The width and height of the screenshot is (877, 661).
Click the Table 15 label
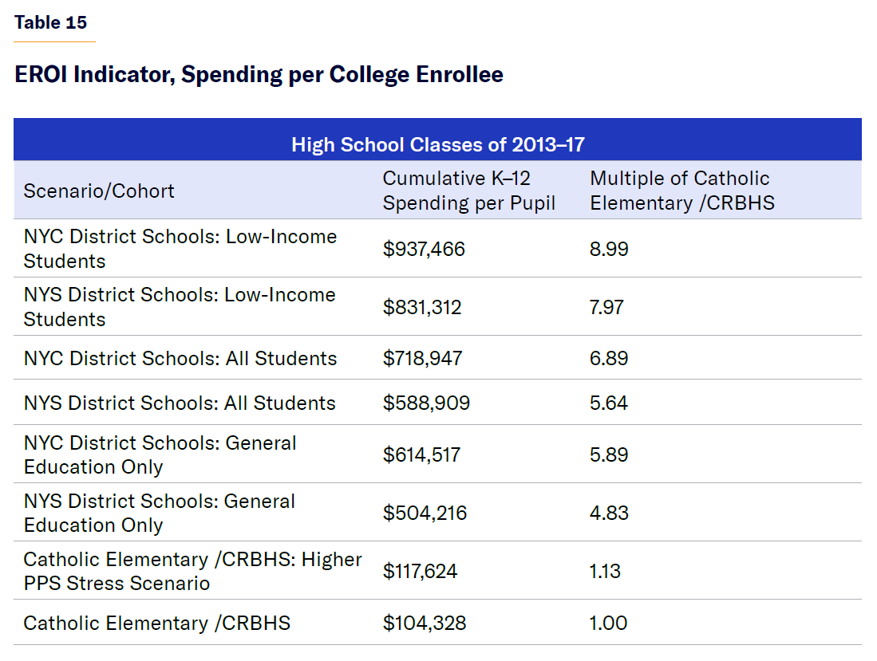tap(50, 22)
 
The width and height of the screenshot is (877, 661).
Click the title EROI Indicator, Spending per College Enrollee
tap(259, 75)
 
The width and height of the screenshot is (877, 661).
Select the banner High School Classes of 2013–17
tap(438, 144)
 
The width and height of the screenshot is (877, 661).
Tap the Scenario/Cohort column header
tap(99, 191)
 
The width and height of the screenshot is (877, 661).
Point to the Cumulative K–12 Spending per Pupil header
tap(469, 191)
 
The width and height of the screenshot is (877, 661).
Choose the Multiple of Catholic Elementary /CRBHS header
tap(681, 191)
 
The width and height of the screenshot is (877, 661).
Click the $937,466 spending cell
tap(424, 249)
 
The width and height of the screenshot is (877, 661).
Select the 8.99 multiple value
tap(609, 249)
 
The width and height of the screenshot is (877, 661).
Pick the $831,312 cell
tap(422, 307)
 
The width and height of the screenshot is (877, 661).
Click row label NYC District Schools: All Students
tap(180, 358)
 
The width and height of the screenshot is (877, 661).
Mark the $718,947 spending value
tap(422, 358)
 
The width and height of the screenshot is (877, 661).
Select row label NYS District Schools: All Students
tap(180, 403)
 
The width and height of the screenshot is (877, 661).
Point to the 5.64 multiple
tap(609, 403)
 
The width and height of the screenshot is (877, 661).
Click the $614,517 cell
tap(421, 454)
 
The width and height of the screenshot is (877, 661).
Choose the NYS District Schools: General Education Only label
tap(160, 513)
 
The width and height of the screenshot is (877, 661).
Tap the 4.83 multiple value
tap(609, 513)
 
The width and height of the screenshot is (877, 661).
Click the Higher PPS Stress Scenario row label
tap(192, 571)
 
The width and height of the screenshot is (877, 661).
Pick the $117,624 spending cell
tap(421, 571)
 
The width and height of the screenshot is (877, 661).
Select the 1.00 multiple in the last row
tap(608, 623)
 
